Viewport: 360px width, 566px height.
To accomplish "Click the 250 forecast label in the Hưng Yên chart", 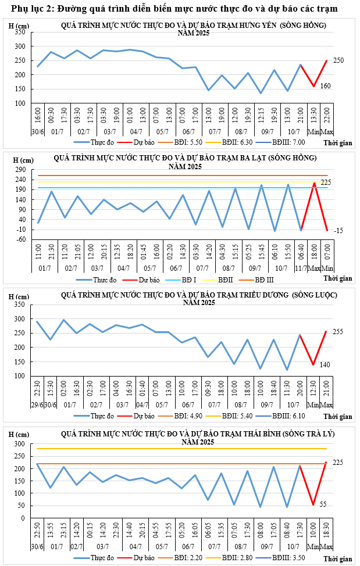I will pyautogui.click(x=339, y=60).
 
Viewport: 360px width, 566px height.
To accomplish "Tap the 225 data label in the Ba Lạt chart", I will pyautogui.click(x=342, y=182).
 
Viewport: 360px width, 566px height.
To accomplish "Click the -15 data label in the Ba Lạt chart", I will pyautogui.click(x=339, y=231).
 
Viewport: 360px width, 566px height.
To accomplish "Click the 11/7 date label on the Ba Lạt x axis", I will pyautogui.click(x=301, y=268).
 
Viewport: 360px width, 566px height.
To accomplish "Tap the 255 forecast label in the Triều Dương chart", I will pyautogui.click(x=338, y=332).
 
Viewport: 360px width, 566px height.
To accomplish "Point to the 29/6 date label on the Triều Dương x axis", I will pyautogui.click(x=37, y=404).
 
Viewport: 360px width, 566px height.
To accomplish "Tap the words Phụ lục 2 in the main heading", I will pyautogui.click(x=30, y=9).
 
